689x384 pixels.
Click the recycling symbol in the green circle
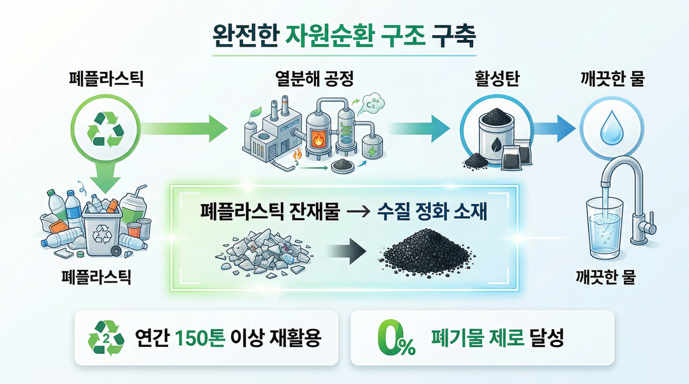(x=105, y=127)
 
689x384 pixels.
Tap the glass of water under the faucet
(x=604, y=233)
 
